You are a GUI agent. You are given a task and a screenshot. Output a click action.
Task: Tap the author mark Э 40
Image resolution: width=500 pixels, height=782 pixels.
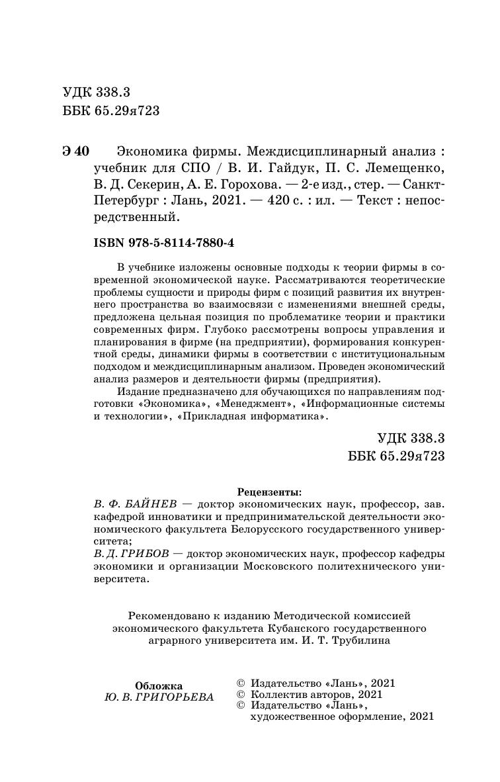coord(75,150)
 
